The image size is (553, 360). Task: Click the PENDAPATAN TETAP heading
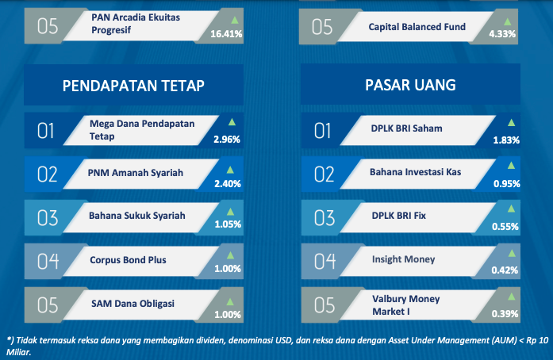(x=133, y=86)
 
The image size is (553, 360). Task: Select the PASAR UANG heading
(x=410, y=85)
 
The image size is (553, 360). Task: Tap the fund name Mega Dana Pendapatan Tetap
(x=142, y=130)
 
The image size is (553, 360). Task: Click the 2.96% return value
(x=227, y=140)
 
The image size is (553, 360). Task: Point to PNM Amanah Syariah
(x=136, y=173)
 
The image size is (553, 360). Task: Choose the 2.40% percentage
(x=228, y=184)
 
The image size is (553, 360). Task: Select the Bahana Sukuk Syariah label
(x=136, y=216)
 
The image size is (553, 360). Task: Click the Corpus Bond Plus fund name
(x=128, y=260)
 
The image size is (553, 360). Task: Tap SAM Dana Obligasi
(x=132, y=304)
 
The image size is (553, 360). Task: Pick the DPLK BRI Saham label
(x=406, y=128)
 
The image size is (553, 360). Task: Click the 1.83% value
(x=506, y=140)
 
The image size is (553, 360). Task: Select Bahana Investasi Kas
(x=416, y=172)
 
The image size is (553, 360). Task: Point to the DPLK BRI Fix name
(x=399, y=216)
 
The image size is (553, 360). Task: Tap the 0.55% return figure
(x=505, y=226)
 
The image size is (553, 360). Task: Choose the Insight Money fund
(x=404, y=259)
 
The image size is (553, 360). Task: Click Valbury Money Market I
(x=406, y=305)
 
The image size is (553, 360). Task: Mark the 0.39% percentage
(x=505, y=314)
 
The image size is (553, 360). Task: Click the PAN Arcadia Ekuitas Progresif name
(x=136, y=24)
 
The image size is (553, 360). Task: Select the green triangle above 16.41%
(x=235, y=20)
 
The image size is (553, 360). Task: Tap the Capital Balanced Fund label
(x=417, y=27)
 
